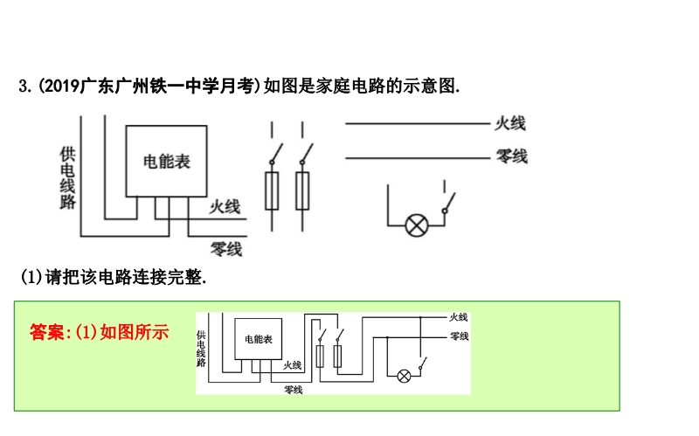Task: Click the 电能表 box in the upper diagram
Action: pos(166,162)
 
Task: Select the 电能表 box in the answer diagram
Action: pos(258,338)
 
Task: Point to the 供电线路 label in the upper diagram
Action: pos(67,177)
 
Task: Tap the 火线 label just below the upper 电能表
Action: pos(225,206)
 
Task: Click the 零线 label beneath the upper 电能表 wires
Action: pos(226,249)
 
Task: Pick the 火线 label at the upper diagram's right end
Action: pos(510,123)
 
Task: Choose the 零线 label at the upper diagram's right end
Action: pos(511,157)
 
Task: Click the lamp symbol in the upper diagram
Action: pos(417,225)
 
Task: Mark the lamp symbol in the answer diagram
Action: pos(404,376)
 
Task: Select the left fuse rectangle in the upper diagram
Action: pos(272,191)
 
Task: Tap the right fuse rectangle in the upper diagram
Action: pos(302,191)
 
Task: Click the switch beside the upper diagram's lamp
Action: pos(447,203)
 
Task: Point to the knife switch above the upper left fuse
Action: pos(273,155)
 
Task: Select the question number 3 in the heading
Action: pos(24,86)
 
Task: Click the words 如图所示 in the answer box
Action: pos(135,332)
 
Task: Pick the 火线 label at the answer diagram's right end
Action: pos(459,316)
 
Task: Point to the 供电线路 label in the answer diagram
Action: pos(201,347)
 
